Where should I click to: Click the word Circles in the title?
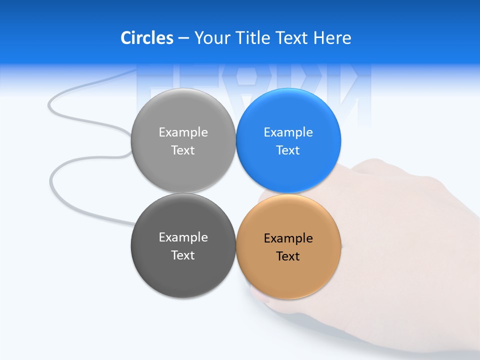pos(146,38)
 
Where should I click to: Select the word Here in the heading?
pos(332,38)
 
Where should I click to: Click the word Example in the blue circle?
pos(288,132)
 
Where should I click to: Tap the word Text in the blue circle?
pos(288,150)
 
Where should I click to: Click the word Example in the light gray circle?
pos(183,132)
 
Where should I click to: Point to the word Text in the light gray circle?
pos(183,150)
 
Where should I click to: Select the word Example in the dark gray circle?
pos(183,237)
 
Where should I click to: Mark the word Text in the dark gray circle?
pos(183,255)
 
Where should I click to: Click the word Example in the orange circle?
pos(288,238)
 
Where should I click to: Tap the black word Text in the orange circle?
pos(288,256)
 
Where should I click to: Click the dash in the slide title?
pos(183,38)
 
